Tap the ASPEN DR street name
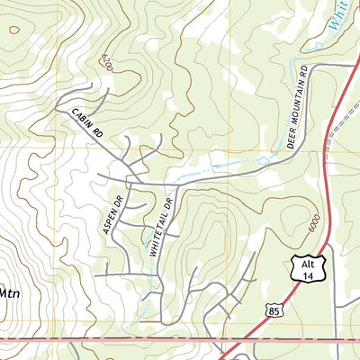(112, 215)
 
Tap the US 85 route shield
(272, 309)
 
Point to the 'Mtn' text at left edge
(8, 292)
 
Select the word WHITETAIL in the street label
(159, 238)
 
